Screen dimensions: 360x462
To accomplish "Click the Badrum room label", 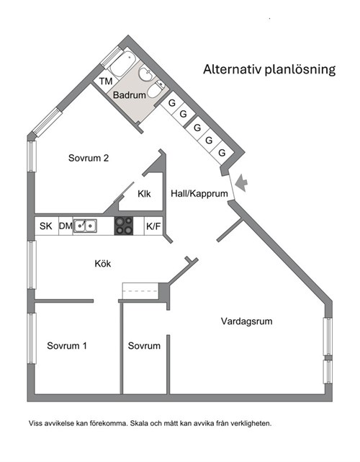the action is [x=130, y=95].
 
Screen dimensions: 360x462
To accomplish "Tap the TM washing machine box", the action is [x=106, y=81].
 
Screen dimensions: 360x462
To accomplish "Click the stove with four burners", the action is [x=124, y=226].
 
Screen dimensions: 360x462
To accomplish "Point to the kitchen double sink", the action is [x=85, y=226].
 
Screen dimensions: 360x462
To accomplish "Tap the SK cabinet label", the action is [x=46, y=226].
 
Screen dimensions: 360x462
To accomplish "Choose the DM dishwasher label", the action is [x=66, y=226].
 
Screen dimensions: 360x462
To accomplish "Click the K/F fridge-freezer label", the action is [x=153, y=226].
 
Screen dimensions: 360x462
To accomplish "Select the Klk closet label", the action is [x=144, y=194].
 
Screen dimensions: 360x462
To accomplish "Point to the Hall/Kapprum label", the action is [x=199, y=194].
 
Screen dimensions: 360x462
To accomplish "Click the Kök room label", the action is [x=103, y=263].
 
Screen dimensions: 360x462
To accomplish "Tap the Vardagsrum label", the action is [x=247, y=321].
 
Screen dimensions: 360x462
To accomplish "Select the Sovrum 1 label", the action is [x=67, y=346].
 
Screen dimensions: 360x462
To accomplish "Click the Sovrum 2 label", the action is [x=89, y=158].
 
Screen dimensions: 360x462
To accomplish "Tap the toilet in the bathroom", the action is [x=156, y=89].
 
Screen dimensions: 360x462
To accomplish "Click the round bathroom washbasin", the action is [x=147, y=74].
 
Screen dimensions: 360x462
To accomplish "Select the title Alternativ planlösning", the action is [x=269, y=69].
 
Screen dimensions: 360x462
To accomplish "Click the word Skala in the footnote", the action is [x=139, y=424].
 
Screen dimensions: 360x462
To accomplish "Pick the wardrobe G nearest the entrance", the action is [x=222, y=153].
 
